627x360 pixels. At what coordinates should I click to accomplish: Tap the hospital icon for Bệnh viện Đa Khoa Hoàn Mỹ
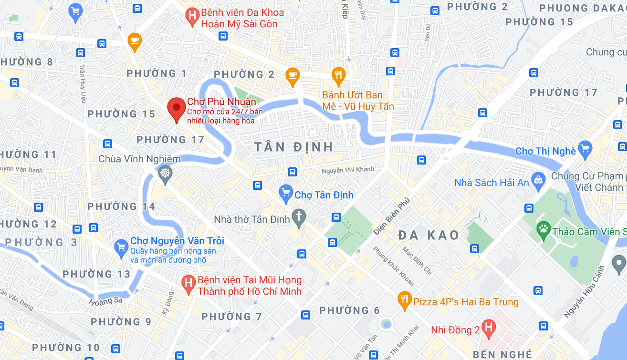click(192, 16)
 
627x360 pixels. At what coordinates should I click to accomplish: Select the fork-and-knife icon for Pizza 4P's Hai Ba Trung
click(404, 299)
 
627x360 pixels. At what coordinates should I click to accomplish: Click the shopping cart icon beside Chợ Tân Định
click(286, 192)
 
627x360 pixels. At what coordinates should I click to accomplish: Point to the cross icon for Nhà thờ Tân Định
click(299, 216)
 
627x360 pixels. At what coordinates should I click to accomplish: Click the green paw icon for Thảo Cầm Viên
click(543, 230)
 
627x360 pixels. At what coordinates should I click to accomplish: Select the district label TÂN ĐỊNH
click(293, 147)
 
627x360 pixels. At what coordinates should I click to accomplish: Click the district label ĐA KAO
click(428, 235)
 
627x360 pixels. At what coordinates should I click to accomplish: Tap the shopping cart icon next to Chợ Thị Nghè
click(585, 149)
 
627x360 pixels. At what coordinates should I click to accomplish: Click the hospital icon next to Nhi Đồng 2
click(488, 327)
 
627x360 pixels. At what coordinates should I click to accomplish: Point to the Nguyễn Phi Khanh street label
click(348, 170)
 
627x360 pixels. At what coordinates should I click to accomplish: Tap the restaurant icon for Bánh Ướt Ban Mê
click(339, 74)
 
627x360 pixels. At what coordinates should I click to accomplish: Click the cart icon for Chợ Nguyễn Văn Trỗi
click(121, 247)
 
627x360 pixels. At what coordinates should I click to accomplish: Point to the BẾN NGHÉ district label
click(502, 355)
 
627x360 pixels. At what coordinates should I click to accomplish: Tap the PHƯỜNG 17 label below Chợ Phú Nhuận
click(170, 140)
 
